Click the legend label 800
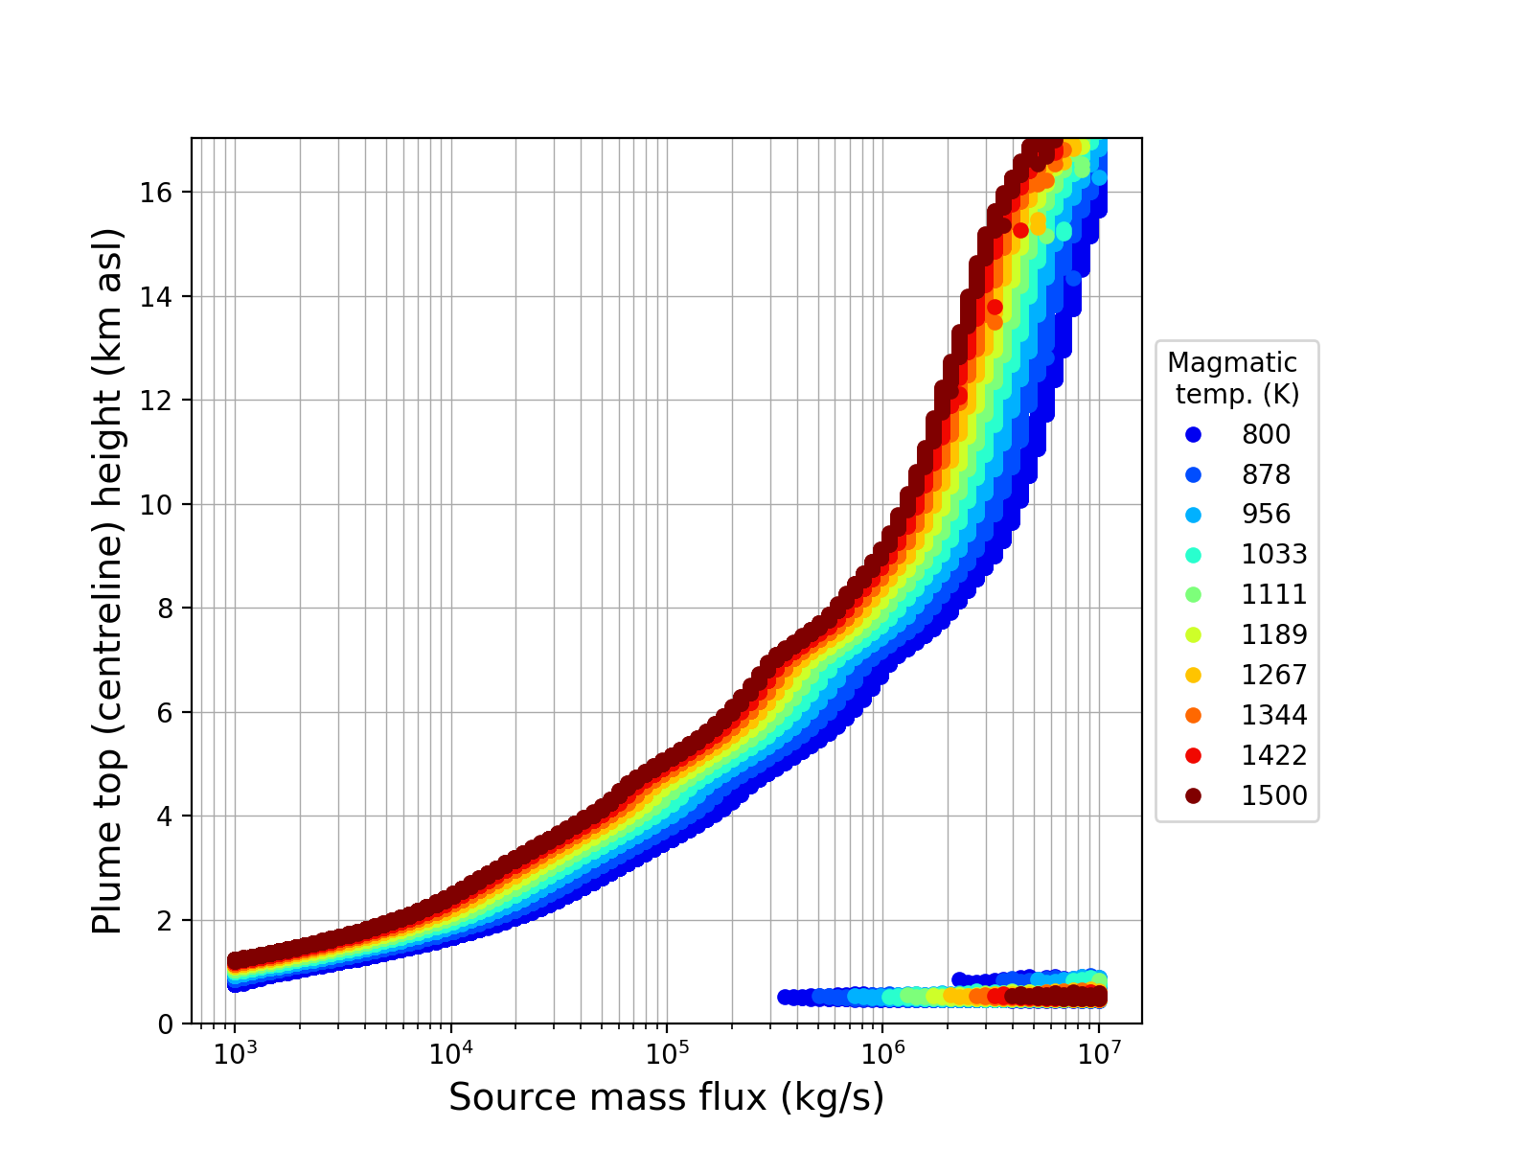tap(1266, 434)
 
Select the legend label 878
tap(1266, 474)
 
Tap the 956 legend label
tap(1266, 515)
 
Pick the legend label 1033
tap(1274, 555)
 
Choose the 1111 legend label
tap(1274, 595)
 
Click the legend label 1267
tap(1274, 676)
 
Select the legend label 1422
tap(1274, 756)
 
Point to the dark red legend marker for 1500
tap(1193, 795)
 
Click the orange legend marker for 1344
tap(1193, 715)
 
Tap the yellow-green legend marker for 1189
tap(1193, 634)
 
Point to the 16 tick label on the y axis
tap(156, 193)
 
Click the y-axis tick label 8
tap(166, 609)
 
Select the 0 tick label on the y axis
tap(166, 1024)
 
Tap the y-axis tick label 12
tap(156, 401)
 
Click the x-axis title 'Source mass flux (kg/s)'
tap(666, 1098)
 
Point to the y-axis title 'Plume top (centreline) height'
tap(107, 581)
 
